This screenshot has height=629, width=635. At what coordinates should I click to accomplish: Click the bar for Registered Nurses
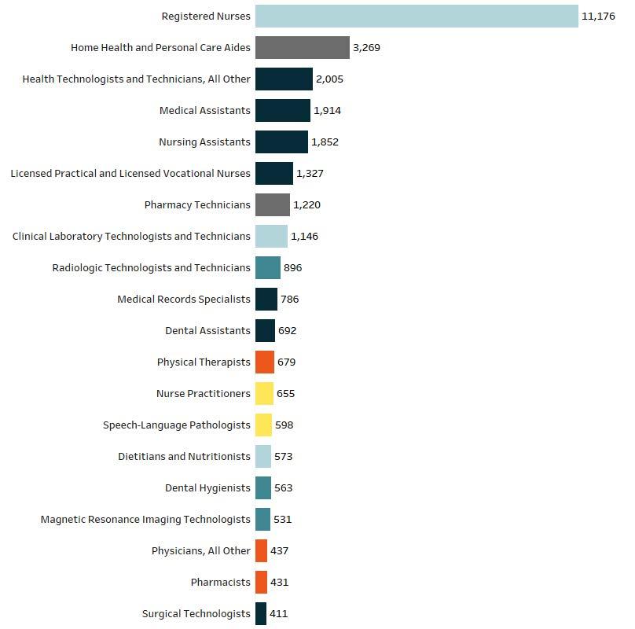pyautogui.click(x=417, y=16)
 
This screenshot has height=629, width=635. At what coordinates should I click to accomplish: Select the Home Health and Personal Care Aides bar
pyautogui.click(x=302, y=47)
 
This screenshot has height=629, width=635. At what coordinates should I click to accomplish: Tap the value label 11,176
pyautogui.click(x=598, y=16)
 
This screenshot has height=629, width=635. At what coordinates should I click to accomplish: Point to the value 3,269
pyautogui.click(x=366, y=47)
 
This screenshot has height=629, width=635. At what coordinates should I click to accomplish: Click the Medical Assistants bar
pyautogui.click(x=282, y=110)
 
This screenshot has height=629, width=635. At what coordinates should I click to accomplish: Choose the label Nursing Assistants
pyautogui.click(x=204, y=142)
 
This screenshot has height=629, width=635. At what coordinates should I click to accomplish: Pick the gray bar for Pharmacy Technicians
pyautogui.click(x=272, y=204)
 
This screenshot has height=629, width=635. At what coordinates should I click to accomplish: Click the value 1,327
pyautogui.click(x=310, y=173)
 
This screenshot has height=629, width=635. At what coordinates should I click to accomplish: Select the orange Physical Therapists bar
pyautogui.click(x=264, y=362)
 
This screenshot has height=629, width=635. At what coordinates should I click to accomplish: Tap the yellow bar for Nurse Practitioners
pyautogui.click(x=264, y=393)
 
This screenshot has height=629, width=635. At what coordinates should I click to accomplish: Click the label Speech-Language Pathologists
pyautogui.click(x=176, y=425)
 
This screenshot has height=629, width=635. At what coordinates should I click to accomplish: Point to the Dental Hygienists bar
pyautogui.click(x=262, y=487)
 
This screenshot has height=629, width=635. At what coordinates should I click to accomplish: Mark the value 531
pyautogui.click(x=282, y=519)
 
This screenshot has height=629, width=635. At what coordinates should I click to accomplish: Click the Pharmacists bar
pyautogui.click(x=261, y=582)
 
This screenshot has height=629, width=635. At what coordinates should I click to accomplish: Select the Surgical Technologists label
pyautogui.click(x=196, y=613)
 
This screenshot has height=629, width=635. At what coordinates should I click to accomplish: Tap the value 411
pyautogui.click(x=278, y=613)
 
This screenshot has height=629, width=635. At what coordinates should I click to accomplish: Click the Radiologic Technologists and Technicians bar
pyautogui.click(x=267, y=267)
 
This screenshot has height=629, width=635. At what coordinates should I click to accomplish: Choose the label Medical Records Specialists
pyautogui.click(x=183, y=299)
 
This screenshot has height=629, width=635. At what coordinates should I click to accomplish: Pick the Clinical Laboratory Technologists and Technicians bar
pyautogui.click(x=271, y=236)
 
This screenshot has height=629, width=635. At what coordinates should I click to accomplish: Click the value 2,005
pyautogui.click(x=329, y=79)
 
